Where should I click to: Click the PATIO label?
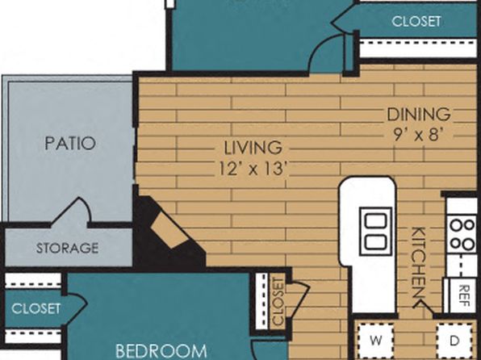[70, 144]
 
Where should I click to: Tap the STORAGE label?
[68, 248]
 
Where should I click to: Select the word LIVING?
[253, 148]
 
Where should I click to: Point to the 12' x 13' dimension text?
[253, 169]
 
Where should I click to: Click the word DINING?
[419, 115]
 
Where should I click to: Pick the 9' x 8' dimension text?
[419, 135]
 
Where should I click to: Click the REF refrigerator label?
[464, 295]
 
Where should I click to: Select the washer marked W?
[376, 341]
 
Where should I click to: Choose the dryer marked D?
[454, 341]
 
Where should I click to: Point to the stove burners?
[462, 234]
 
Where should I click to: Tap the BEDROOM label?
[161, 351]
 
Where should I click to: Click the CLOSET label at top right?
[416, 22]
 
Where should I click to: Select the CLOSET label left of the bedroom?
[36, 309]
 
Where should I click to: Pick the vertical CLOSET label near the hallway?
[278, 301]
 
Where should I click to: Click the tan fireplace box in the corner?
[171, 229]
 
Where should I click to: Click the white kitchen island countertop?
[367, 242]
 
